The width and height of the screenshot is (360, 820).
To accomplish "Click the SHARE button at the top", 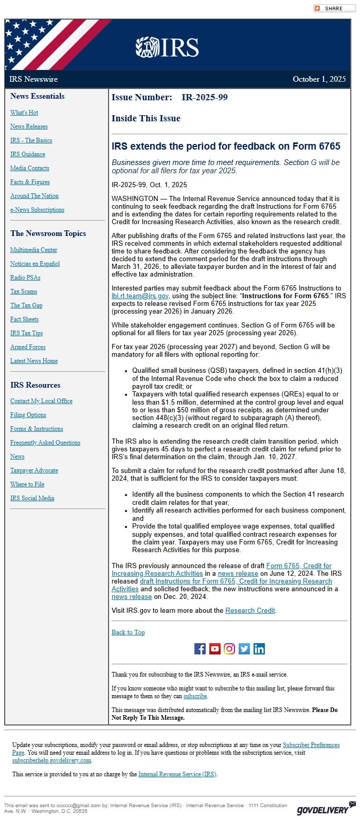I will [334, 8].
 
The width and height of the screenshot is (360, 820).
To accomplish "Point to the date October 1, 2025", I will [319, 79].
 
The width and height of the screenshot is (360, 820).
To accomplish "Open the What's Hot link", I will [24, 113].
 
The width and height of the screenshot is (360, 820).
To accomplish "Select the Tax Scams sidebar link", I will [24, 291].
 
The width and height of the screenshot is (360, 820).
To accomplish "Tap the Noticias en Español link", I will [35, 264].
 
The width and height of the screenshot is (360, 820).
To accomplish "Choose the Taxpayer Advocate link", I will [34, 470].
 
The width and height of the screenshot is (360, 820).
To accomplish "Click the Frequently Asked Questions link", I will [45, 443].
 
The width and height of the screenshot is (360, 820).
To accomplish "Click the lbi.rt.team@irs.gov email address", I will [140, 296].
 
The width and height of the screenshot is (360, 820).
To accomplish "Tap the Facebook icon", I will [200, 649].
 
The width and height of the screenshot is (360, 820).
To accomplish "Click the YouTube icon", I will [215, 649].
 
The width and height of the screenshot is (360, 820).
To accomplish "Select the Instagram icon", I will [229, 649].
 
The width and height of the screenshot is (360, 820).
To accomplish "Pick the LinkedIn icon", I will [259, 649].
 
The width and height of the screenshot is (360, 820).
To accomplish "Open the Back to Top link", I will [128, 632].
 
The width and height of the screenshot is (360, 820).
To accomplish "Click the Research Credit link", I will [250, 611].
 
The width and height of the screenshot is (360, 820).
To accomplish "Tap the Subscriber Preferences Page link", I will [311, 745].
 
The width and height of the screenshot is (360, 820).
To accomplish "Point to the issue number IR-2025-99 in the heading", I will [205, 97].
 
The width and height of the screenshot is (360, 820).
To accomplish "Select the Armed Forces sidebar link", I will [28, 347].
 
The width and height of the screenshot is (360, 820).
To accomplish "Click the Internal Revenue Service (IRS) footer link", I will [177, 774].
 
